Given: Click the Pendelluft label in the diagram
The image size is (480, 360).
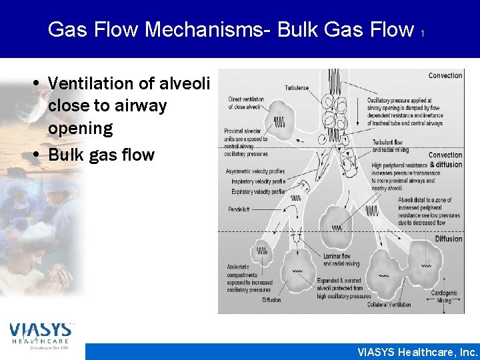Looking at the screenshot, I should (239, 210).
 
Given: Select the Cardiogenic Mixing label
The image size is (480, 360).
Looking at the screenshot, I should (445, 297).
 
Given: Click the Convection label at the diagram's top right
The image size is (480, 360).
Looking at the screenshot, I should (445, 76).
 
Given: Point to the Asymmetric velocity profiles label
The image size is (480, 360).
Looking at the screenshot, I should (256, 172).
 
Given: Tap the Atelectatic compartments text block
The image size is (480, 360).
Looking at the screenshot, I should (249, 278).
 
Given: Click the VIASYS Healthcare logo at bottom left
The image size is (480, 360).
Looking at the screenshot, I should (40, 335).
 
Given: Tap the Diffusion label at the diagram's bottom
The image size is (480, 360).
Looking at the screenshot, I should (271, 300).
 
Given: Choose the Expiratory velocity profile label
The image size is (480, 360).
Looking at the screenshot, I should (258, 191).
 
